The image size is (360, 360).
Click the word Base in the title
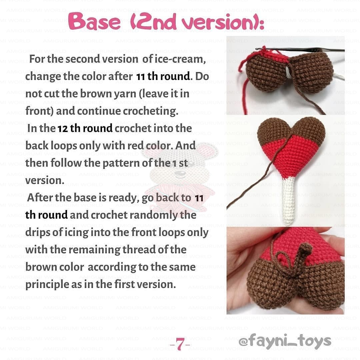point(94,21)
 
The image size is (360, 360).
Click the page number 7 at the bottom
point(180,344)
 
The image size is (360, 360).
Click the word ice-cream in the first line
point(180,59)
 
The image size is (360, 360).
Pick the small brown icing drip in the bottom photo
point(303,255)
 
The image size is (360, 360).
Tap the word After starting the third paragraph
point(41,198)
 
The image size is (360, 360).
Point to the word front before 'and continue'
point(39,111)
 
